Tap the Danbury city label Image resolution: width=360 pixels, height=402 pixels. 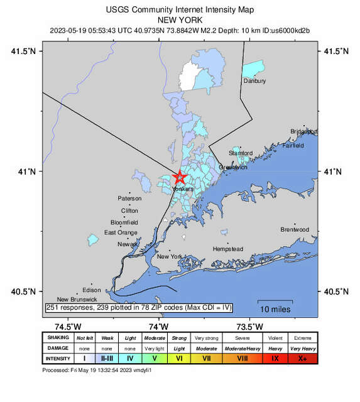(254, 81)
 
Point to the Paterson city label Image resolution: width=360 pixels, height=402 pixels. (129, 198)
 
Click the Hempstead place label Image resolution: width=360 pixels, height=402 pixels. (228, 249)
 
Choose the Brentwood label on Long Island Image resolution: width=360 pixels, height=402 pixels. (295, 230)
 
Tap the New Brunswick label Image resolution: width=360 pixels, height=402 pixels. (77, 300)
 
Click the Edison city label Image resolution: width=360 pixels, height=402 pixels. (91, 290)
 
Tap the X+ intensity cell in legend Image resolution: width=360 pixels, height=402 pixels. (303, 359)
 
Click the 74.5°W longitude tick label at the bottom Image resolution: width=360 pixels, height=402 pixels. (68, 325)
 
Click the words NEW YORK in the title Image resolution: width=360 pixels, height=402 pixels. (180, 20)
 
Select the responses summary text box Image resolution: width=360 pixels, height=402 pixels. (139, 307)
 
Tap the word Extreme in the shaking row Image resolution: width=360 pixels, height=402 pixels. (303, 337)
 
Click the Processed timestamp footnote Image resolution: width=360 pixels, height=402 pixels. (97, 371)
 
